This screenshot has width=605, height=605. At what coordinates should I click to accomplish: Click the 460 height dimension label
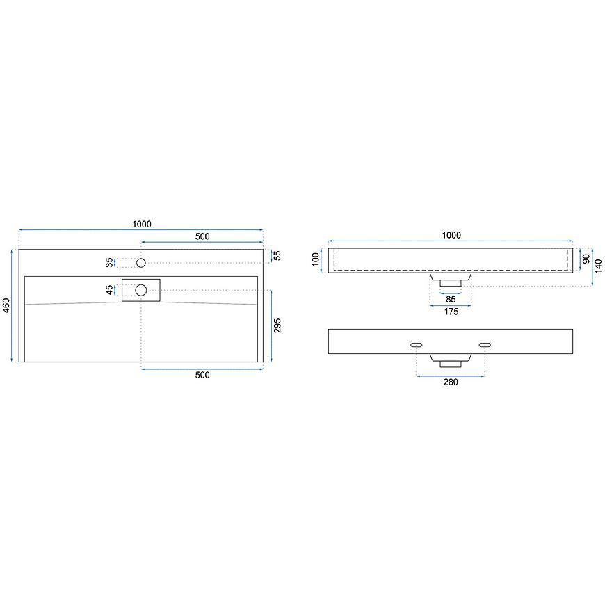tap(6, 305)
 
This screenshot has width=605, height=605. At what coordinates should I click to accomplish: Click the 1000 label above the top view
tap(142, 224)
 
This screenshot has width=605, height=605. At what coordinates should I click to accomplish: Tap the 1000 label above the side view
tap(451, 235)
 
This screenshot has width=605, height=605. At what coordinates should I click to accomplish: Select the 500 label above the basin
tap(202, 236)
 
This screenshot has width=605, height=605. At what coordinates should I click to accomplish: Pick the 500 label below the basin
tap(202, 375)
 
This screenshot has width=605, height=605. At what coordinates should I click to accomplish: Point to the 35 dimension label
tap(110, 262)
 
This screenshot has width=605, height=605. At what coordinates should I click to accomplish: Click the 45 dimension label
tap(110, 290)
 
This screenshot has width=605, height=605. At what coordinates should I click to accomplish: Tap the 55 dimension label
tap(277, 255)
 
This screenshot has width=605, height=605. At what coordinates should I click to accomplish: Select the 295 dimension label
tap(277, 325)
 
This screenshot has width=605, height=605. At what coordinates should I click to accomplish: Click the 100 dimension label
tap(316, 259)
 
